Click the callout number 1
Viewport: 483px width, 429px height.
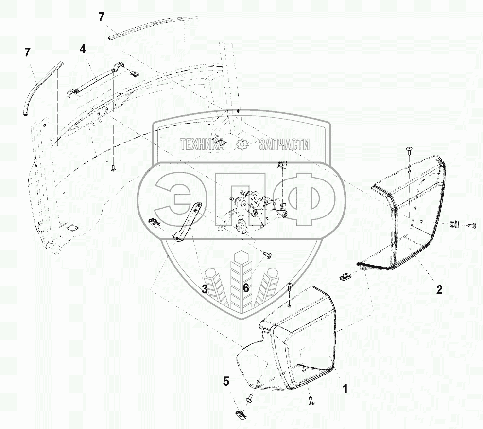coord(345,389)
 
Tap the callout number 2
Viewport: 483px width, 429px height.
coord(439,289)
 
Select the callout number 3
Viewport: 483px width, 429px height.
coord(205,289)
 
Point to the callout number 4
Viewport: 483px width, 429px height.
coord(83,49)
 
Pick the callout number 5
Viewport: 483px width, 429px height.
coord(225,381)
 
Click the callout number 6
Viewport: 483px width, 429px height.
coord(246,288)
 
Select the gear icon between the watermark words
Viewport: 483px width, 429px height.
coord(241,144)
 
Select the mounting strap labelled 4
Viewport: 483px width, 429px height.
coord(95,81)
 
